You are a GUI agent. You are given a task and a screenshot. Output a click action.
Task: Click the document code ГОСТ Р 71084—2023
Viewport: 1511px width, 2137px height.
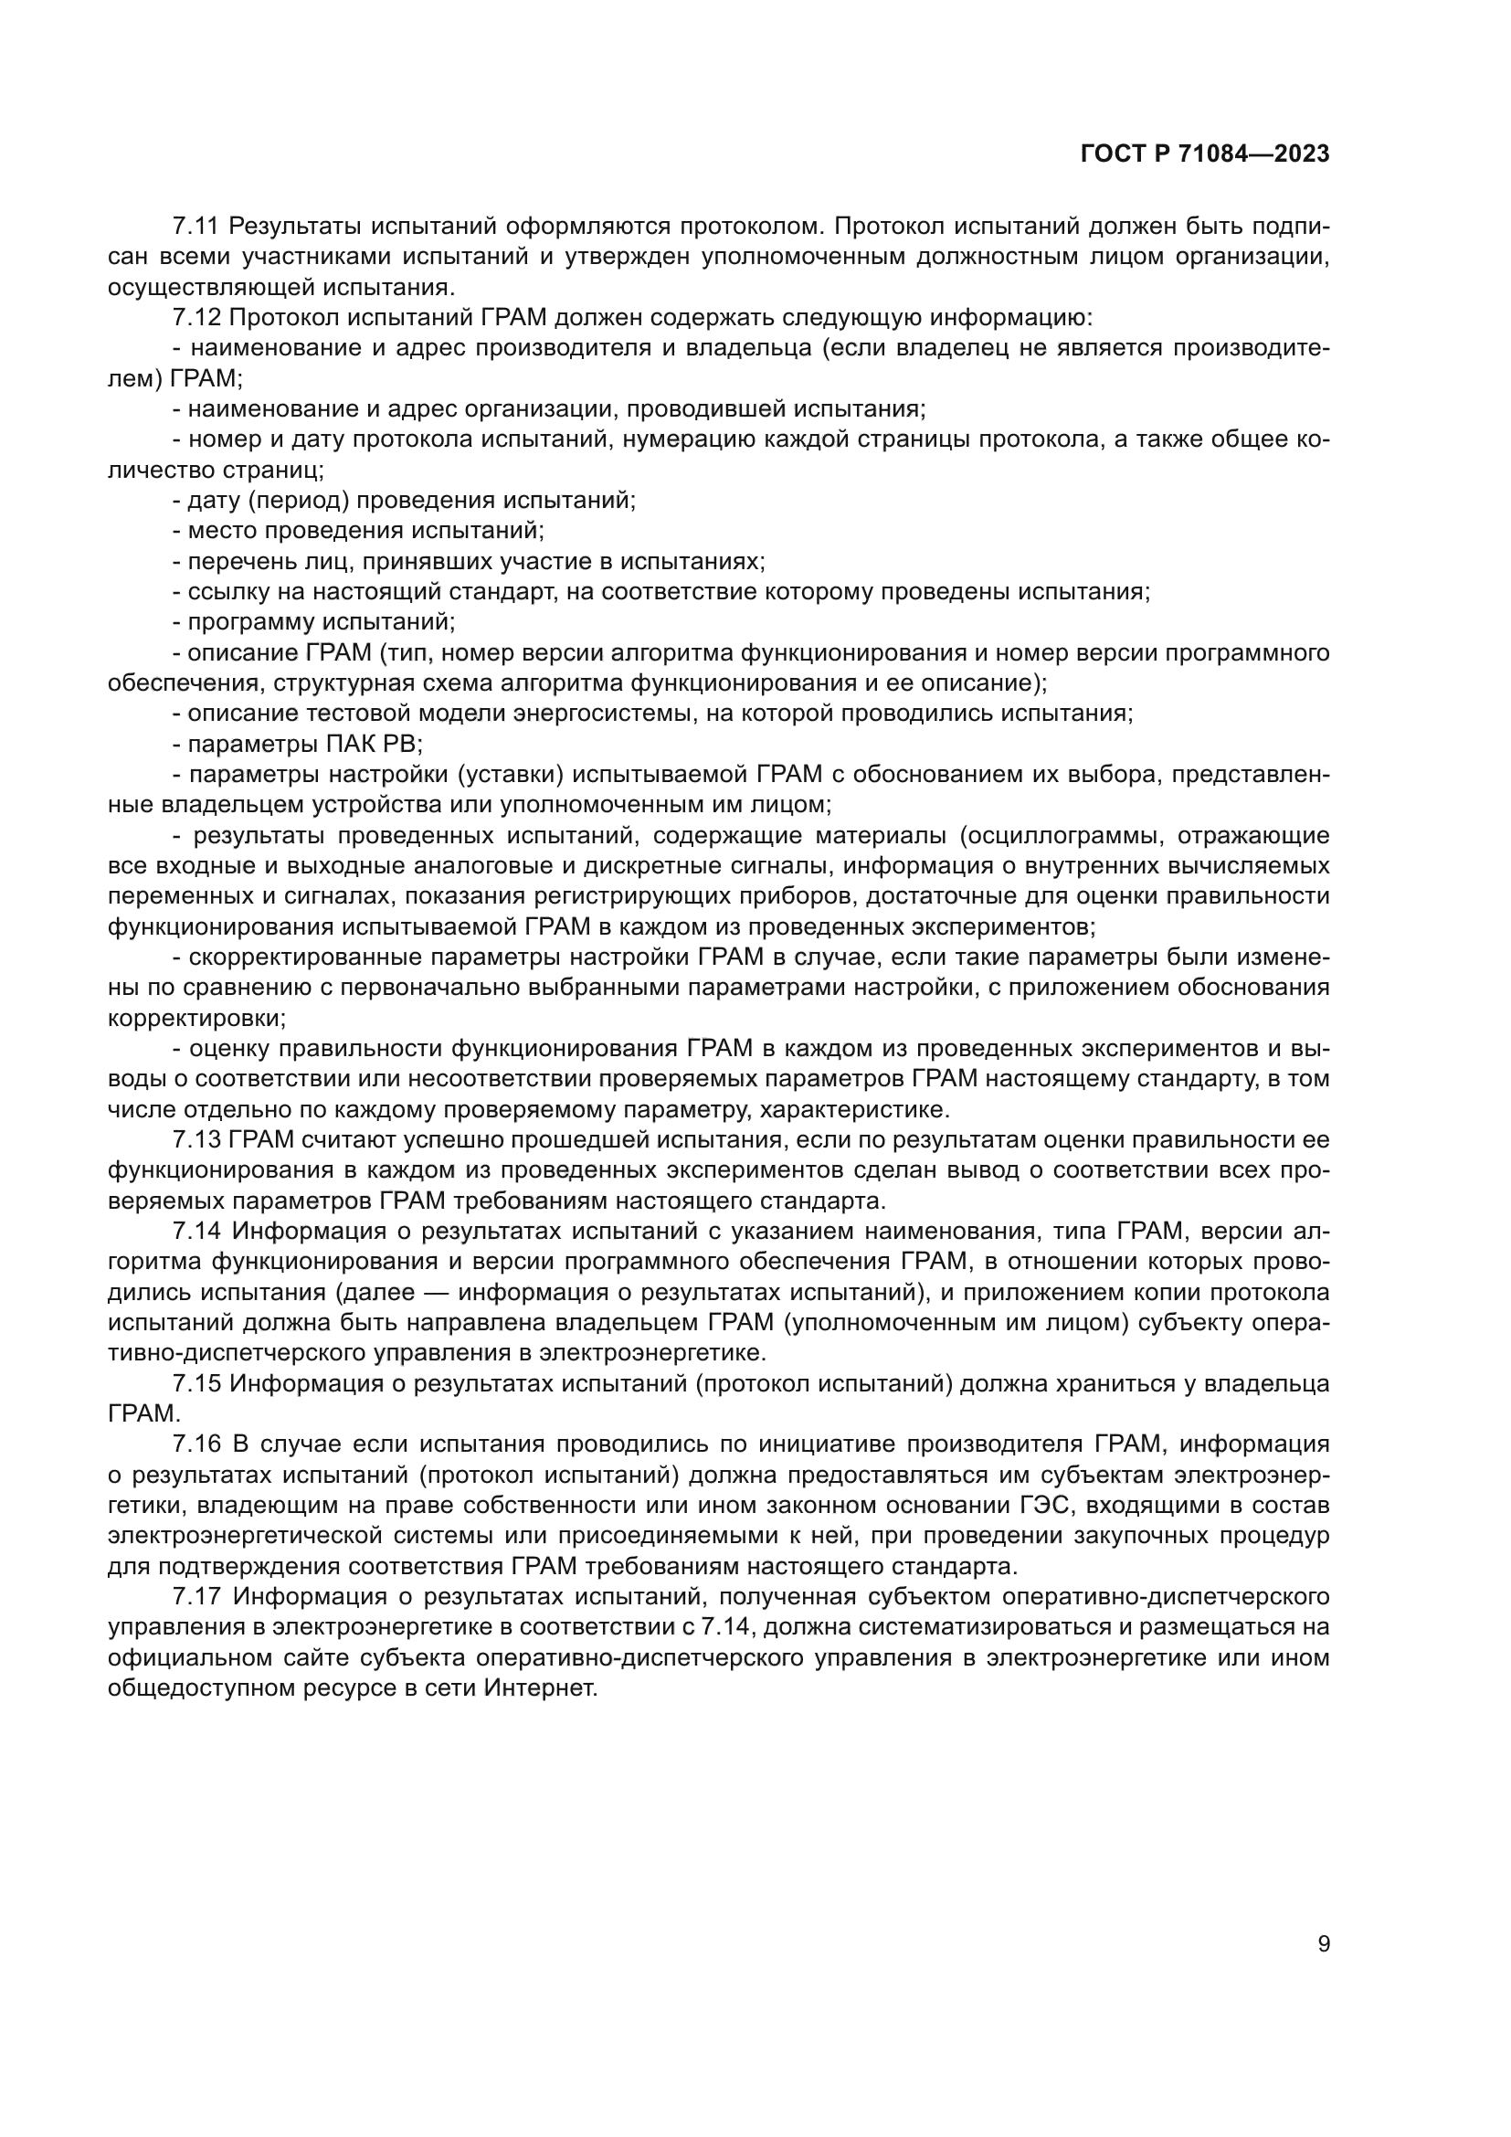click(x=1205, y=154)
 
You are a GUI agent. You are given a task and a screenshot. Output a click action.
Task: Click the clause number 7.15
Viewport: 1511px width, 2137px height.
click(x=196, y=1384)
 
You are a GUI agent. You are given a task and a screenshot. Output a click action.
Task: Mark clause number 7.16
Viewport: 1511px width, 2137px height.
click(x=196, y=1444)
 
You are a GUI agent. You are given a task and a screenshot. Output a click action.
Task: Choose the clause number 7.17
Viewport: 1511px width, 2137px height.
click(x=196, y=1597)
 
